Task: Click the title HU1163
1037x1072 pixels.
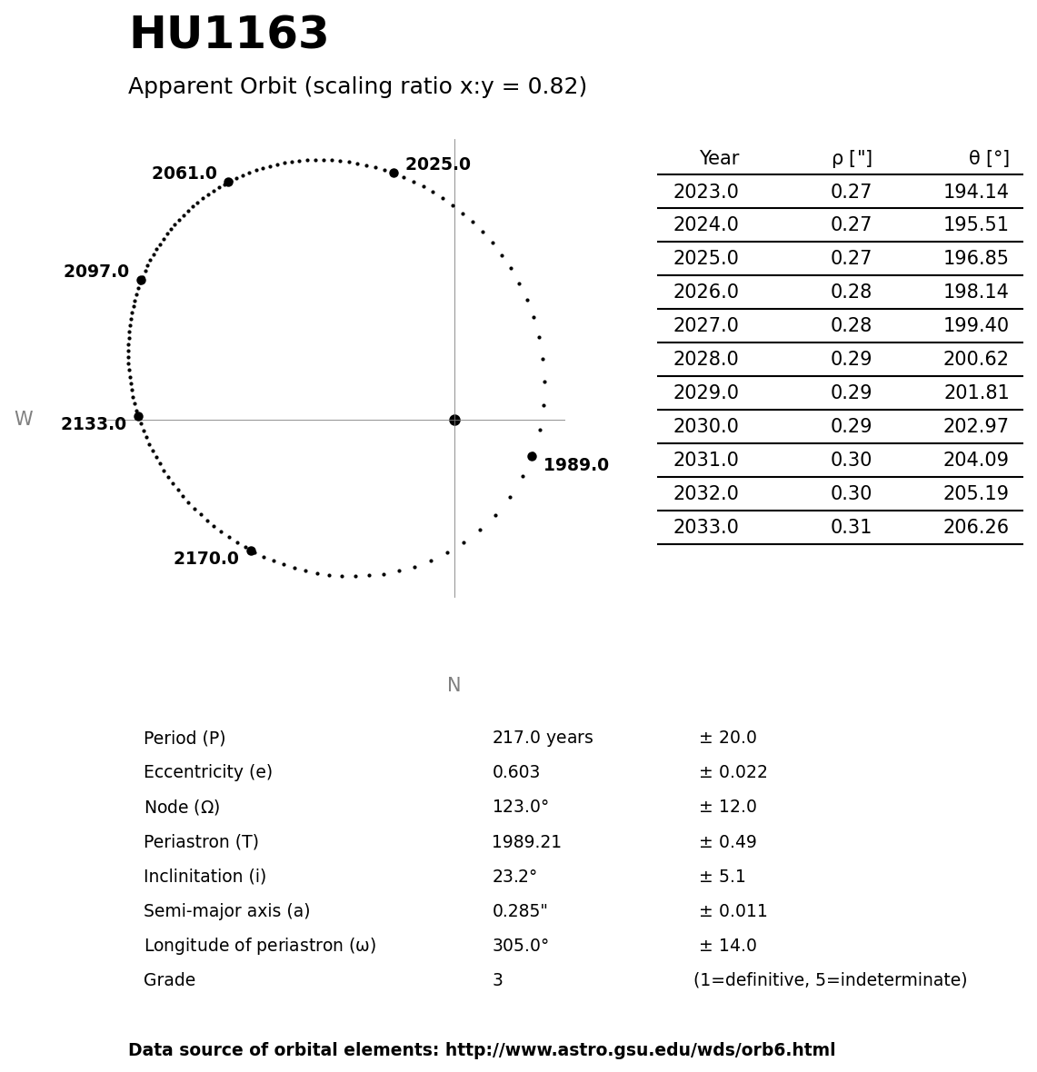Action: pyautogui.click(x=228, y=35)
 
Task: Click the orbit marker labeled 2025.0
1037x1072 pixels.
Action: pyautogui.click(x=394, y=173)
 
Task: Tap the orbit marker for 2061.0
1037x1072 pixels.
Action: pyautogui.click(x=228, y=182)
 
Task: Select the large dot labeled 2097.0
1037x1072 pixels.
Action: pyautogui.click(x=141, y=280)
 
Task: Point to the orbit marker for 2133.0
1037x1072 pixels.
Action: pyautogui.click(x=138, y=416)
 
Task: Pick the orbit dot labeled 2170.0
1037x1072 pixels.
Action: pyautogui.click(x=251, y=551)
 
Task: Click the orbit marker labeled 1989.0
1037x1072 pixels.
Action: pyautogui.click(x=532, y=456)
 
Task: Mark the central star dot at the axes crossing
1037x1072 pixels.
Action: pyautogui.click(x=454, y=420)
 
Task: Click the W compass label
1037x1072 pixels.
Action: pyautogui.click(x=24, y=419)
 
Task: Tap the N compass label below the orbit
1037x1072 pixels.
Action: pyautogui.click(x=454, y=685)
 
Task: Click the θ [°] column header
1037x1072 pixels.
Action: pyautogui.click(x=989, y=159)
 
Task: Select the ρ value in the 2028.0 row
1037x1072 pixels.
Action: pyautogui.click(x=851, y=360)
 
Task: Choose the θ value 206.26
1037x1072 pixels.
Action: pyautogui.click(x=975, y=528)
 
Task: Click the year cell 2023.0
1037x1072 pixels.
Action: pyautogui.click(x=705, y=193)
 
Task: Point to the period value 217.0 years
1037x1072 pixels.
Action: pyautogui.click(x=543, y=739)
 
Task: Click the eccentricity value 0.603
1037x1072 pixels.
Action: pyautogui.click(x=516, y=773)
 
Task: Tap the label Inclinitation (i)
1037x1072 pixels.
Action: pyautogui.click(x=204, y=877)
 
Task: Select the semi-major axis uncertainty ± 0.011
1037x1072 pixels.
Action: pyautogui.click(x=733, y=911)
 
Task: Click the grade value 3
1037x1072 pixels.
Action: pyautogui.click(x=497, y=981)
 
